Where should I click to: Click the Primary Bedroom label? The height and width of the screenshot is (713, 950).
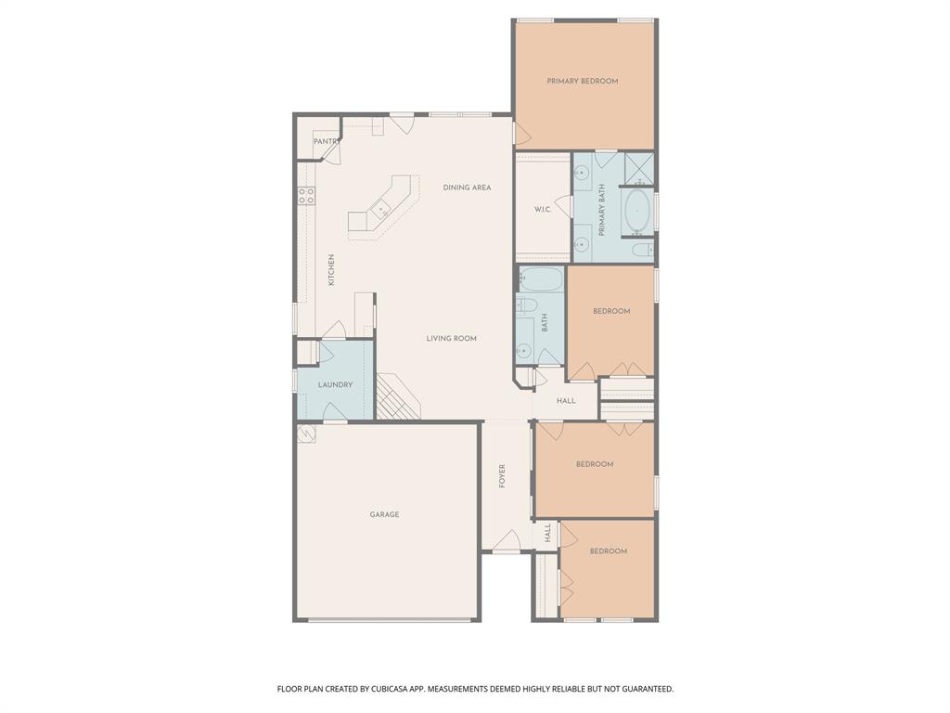click(582, 82)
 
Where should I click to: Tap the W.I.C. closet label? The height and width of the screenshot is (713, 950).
click(543, 210)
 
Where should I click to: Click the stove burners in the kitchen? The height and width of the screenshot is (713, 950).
click(305, 195)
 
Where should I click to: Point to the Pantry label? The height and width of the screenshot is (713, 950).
click(327, 141)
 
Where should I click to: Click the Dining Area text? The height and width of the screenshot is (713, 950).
click(467, 188)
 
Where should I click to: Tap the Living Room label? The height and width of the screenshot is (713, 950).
click(451, 339)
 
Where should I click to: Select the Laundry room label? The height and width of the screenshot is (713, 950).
click(335, 384)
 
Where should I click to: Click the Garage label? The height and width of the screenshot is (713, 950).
click(384, 514)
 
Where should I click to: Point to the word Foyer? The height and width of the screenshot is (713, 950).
click(503, 476)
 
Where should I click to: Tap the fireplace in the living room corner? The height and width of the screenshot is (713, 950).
click(397, 399)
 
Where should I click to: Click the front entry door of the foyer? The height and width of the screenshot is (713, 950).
click(506, 543)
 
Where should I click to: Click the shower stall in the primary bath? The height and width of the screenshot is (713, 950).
click(638, 168)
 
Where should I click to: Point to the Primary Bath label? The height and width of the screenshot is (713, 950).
click(602, 209)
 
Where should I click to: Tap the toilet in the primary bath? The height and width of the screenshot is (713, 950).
click(642, 250)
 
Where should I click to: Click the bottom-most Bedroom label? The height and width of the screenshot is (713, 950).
click(608, 551)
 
